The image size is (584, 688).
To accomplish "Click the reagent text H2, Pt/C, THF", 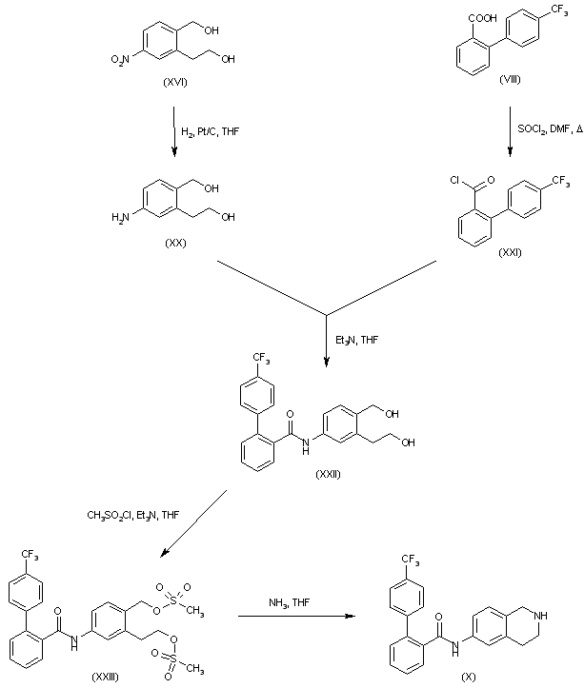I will click(211, 131).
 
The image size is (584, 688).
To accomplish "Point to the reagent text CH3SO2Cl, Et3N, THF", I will click(131, 515).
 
